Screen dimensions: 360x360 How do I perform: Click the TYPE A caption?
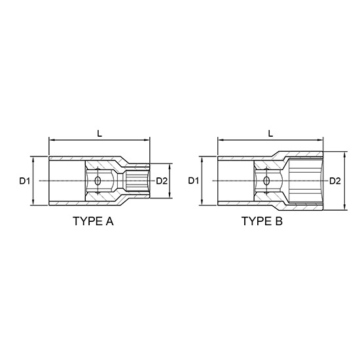92,221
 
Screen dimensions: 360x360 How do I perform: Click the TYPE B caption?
262,221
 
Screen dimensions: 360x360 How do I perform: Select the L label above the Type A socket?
99,133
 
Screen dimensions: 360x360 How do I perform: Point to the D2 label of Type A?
162,180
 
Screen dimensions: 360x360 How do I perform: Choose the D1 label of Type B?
194,180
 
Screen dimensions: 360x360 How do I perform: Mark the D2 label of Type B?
334,180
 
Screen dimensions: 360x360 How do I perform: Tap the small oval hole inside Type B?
266,180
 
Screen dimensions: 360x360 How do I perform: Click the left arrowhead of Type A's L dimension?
52,139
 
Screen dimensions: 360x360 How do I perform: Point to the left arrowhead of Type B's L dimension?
221,139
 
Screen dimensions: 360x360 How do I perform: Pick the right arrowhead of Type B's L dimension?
321,139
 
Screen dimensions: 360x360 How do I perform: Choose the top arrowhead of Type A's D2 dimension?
171,166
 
